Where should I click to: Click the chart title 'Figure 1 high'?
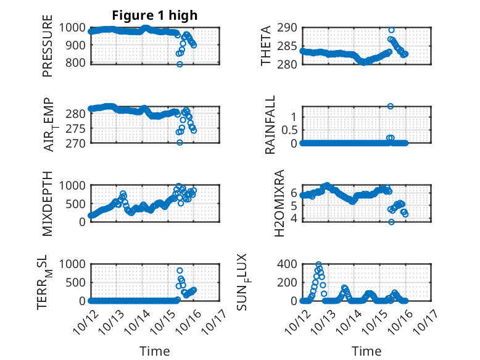point(154,15)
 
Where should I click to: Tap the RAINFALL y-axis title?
point(270,125)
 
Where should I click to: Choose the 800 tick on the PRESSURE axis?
point(78,63)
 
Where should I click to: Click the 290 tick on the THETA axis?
point(289,28)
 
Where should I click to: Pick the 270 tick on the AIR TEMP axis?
point(78,143)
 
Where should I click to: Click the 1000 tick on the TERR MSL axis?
point(75,264)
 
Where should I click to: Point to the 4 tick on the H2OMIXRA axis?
point(294,218)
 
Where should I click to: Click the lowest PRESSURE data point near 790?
point(180,64)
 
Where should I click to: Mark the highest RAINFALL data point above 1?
point(391,106)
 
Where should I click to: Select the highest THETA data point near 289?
point(391,30)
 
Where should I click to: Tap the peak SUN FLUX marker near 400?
point(319,264)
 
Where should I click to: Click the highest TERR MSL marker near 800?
point(180,270)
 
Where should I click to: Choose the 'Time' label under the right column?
point(366,351)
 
